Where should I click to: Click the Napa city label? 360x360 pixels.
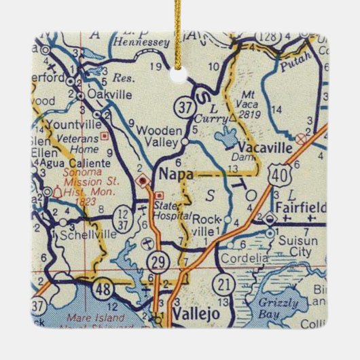pyautogui.click(x=176, y=174)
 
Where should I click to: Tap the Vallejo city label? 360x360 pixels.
pyautogui.click(x=192, y=314)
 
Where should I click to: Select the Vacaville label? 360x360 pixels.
pyautogui.click(x=264, y=147)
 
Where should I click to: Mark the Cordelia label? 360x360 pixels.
pyautogui.click(x=242, y=258)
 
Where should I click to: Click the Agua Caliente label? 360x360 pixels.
pyautogui.click(x=75, y=164)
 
